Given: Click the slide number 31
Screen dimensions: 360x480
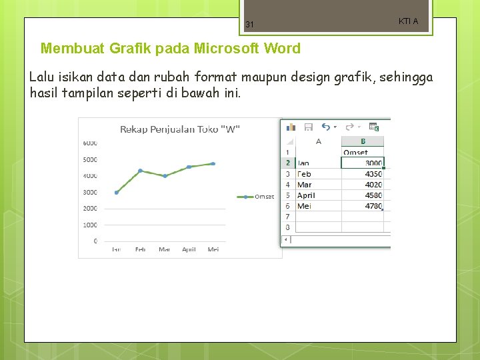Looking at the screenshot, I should tap(249, 25).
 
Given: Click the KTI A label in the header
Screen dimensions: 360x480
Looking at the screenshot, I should tap(408, 21).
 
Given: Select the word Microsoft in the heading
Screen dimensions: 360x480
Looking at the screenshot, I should tap(228, 49).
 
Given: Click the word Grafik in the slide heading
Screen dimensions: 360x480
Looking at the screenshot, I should tap(117, 49).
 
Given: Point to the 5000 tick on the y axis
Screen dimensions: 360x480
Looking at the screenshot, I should tap(90, 159).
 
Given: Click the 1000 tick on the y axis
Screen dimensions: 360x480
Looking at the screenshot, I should tap(90, 225).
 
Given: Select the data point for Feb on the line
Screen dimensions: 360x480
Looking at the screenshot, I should tap(140, 171).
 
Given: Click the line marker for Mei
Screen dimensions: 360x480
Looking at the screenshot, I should tap(213, 163).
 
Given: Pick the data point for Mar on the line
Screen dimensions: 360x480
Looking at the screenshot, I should tap(165, 176).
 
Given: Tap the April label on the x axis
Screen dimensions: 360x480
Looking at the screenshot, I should tap(189, 249).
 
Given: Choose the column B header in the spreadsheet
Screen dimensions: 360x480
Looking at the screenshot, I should tap(363, 141).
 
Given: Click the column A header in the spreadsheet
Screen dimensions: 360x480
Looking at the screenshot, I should tap(318, 141).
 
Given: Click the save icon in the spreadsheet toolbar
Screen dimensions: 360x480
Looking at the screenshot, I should tap(309, 127).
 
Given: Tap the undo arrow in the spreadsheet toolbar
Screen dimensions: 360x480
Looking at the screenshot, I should tap(325, 127).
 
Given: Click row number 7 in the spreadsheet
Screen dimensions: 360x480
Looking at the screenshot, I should tap(287, 217).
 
